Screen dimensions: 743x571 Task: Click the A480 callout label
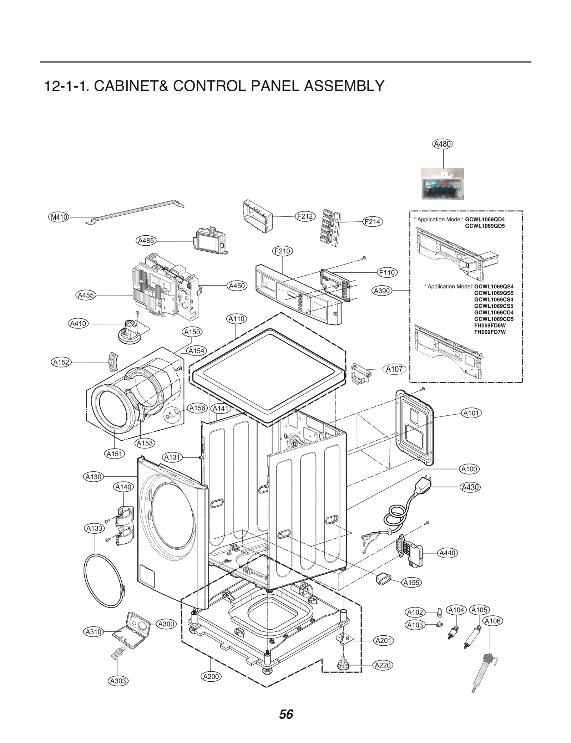tap(442, 144)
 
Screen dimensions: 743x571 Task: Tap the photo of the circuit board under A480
tap(443, 184)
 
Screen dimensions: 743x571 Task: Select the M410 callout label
tap(59, 217)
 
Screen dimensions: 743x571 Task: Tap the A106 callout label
tap(492, 621)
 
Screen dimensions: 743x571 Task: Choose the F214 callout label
tap(372, 222)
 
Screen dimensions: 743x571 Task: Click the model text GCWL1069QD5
tap(485, 226)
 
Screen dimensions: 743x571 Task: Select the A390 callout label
tap(381, 291)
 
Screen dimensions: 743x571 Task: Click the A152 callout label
tap(61, 362)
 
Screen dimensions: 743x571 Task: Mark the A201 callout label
tap(384, 641)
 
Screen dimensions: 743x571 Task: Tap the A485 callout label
tap(146, 241)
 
